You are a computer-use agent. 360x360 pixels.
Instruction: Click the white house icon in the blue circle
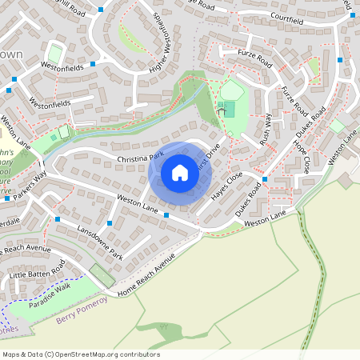coord(180,173)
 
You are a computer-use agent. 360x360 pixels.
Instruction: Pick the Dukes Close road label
coord(250,198)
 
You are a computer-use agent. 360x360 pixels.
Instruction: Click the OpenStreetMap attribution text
coord(81,354)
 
